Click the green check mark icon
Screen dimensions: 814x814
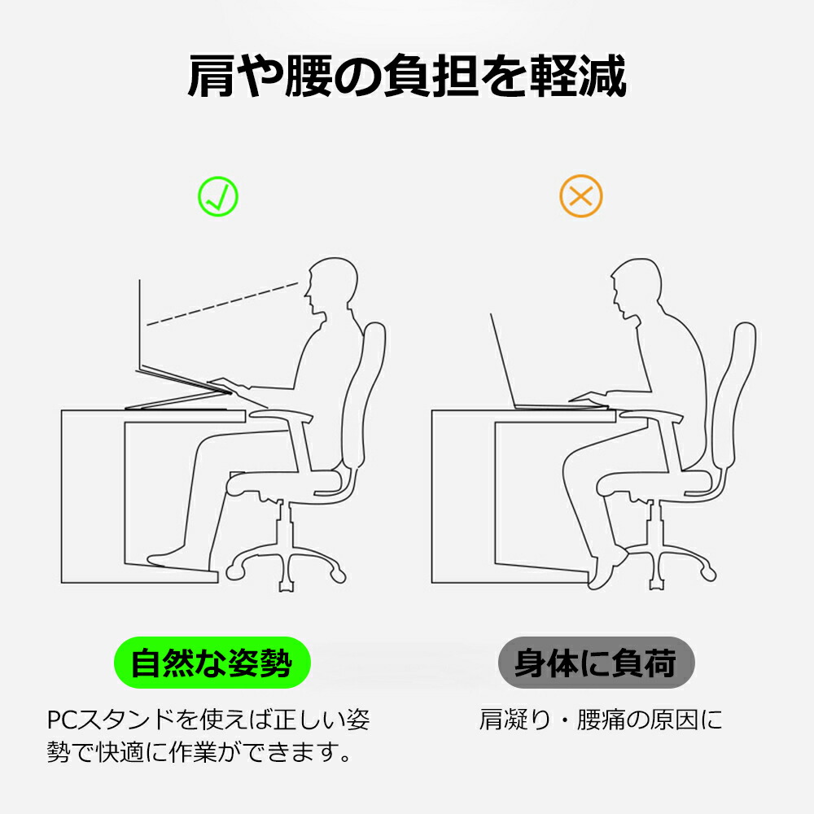[218, 196]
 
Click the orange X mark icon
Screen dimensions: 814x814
[581, 196]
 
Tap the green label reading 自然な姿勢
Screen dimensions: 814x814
[212, 663]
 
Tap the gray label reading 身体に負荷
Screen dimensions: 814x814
[596, 663]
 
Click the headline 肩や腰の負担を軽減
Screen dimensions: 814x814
[407, 77]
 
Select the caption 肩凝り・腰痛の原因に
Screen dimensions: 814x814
[601, 720]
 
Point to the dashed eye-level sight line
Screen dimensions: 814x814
[222, 304]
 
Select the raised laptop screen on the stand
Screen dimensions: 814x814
[140, 325]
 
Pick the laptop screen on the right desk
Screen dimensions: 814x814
[502, 360]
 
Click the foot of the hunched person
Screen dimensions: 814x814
[608, 569]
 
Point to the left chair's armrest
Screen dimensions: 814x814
[281, 415]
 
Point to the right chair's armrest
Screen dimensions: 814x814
[651, 415]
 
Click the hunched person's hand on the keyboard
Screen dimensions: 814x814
[589, 398]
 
